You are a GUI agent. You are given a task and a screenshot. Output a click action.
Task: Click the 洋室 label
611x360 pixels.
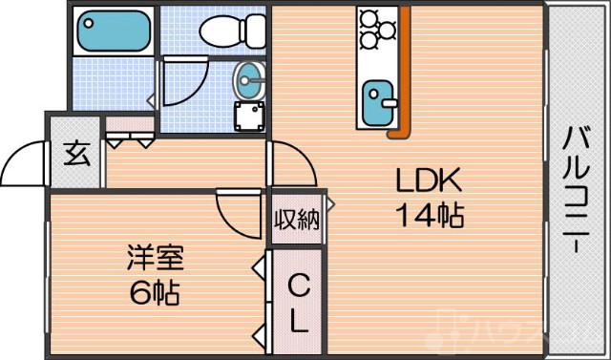point(154,256)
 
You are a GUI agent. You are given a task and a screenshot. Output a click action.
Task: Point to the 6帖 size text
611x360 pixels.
point(154,291)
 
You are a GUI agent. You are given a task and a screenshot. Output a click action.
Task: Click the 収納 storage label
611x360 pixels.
point(296,219)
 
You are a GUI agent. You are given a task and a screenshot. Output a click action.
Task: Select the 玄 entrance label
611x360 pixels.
point(76,153)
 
